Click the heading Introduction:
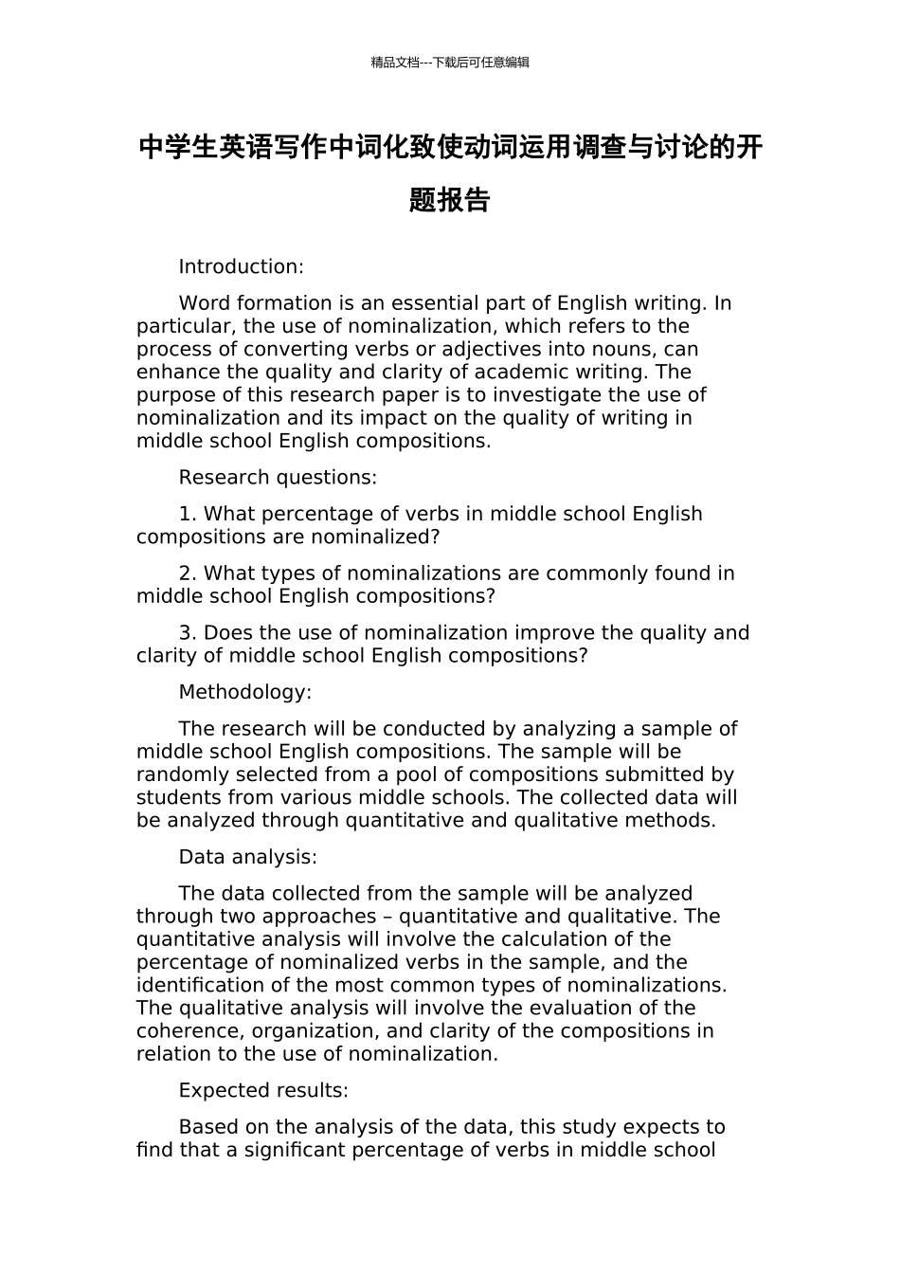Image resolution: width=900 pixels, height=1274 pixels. coord(241,266)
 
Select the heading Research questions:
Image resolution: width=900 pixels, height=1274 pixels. coord(278,478)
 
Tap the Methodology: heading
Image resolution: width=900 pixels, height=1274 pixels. coord(245,692)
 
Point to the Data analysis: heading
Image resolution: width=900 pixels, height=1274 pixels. coord(248,857)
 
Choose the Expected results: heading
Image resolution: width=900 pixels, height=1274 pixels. coord(263,1090)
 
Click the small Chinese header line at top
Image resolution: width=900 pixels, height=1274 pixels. coord(450,63)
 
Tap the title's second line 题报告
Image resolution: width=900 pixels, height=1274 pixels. coord(450,200)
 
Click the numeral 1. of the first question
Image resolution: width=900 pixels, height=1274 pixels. coord(188,514)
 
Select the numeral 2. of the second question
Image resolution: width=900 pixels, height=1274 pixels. coord(188,573)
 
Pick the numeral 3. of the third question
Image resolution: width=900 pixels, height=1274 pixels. coord(188,633)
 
